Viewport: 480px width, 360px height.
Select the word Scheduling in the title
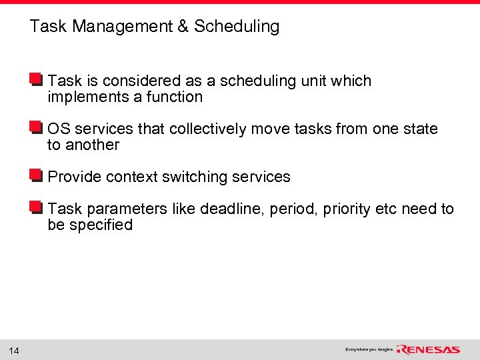click(x=237, y=27)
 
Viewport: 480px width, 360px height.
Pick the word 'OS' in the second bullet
click(x=58, y=129)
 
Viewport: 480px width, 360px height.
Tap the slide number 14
click(x=14, y=351)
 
